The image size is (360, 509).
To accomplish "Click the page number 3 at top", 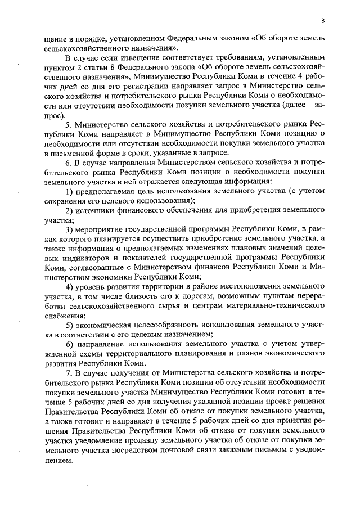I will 323,21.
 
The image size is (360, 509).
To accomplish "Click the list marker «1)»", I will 69,192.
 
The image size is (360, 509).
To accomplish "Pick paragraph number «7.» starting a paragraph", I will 68,374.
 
